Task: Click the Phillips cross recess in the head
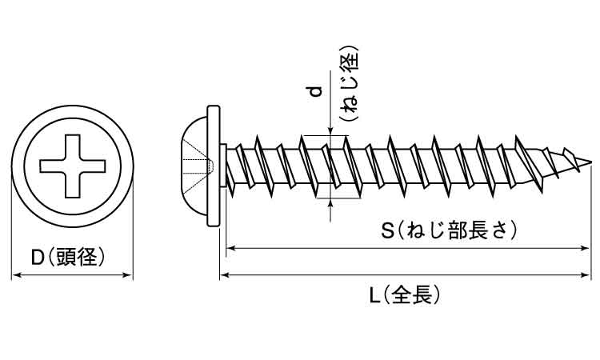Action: coord(71,167)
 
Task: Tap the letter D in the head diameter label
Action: coord(37,257)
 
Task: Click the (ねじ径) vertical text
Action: coord(347,84)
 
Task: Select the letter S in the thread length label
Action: coord(388,232)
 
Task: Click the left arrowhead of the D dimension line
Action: coord(16,276)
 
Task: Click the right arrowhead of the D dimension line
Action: coord(127,276)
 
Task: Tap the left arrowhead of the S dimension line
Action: coord(233,249)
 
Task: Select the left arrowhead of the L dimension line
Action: coord(225,276)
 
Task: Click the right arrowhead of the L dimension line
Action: coord(586,276)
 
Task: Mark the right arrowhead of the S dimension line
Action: coord(586,249)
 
